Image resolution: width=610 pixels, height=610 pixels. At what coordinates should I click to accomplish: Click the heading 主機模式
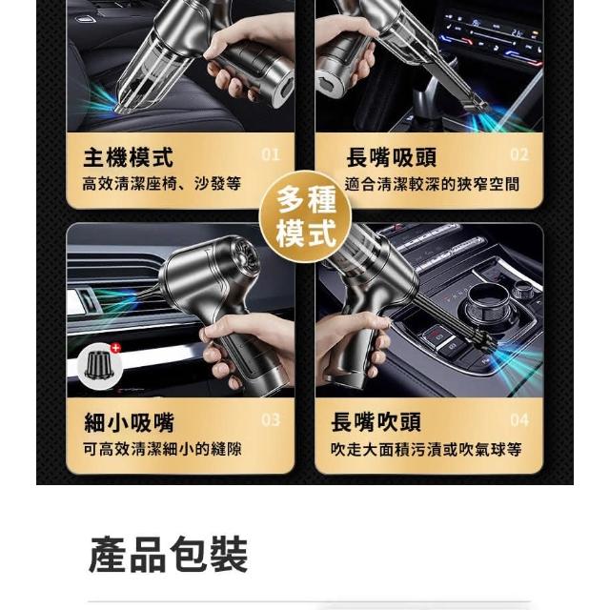tap(128, 156)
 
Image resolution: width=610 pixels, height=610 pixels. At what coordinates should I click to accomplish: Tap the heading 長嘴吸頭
tap(392, 156)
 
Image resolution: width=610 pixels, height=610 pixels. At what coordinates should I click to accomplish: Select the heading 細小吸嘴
tap(129, 422)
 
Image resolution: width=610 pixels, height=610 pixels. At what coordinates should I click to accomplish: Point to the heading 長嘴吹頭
tap(376, 422)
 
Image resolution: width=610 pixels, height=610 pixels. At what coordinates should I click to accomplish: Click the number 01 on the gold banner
tap(271, 154)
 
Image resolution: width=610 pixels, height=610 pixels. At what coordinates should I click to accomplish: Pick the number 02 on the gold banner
tap(519, 154)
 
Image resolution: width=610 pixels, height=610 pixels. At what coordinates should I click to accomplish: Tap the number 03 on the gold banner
tap(271, 420)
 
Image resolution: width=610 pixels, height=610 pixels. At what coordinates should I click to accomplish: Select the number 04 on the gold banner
tap(519, 420)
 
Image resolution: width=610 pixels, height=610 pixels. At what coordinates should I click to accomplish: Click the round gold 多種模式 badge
tap(305, 216)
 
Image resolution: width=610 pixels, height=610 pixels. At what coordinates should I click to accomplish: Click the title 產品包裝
tap(169, 555)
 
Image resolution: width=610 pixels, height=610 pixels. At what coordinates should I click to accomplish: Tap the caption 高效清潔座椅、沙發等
tap(161, 184)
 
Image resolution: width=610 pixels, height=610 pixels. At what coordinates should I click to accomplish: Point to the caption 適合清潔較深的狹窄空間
tap(432, 184)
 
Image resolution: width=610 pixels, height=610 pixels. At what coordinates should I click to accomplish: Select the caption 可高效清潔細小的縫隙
tap(162, 449)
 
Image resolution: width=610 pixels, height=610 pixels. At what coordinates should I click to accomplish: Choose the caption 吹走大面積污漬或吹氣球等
tap(426, 449)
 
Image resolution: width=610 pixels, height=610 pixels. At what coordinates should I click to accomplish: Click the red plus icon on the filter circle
tap(115, 348)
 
